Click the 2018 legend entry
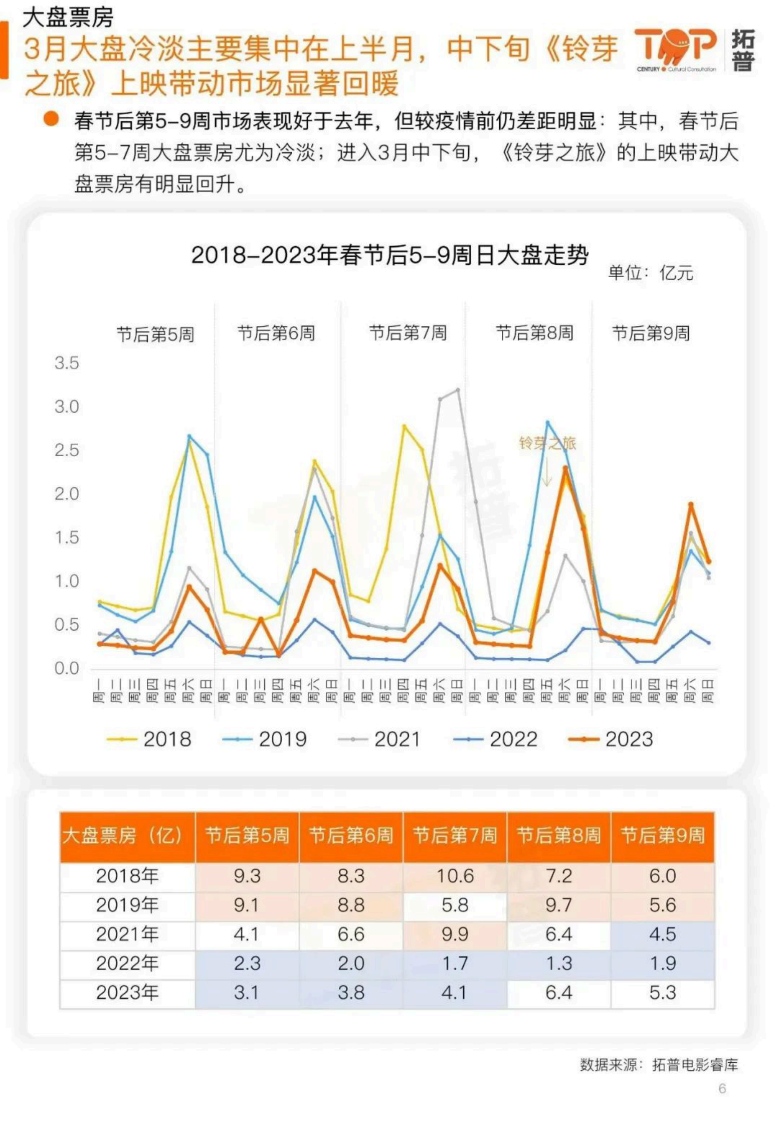(x=149, y=739)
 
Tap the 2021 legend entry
(x=379, y=739)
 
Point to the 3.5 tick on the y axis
(x=67, y=363)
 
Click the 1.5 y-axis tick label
(x=67, y=537)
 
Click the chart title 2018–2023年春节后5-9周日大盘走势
(x=389, y=255)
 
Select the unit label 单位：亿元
(x=650, y=273)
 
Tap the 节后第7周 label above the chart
(x=408, y=333)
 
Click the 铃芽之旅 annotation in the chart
(x=547, y=443)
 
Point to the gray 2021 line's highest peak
(x=457, y=390)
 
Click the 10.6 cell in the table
(x=455, y=876)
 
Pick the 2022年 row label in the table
(x=127, y=963)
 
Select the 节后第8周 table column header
(x=558, y=836)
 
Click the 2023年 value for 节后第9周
(x=662, y=992)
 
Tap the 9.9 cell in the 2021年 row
(x=455, y=934)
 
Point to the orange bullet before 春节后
(x=51, y=119)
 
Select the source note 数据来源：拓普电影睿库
(x=659, y=1064)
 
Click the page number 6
(x=722, y=1088)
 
